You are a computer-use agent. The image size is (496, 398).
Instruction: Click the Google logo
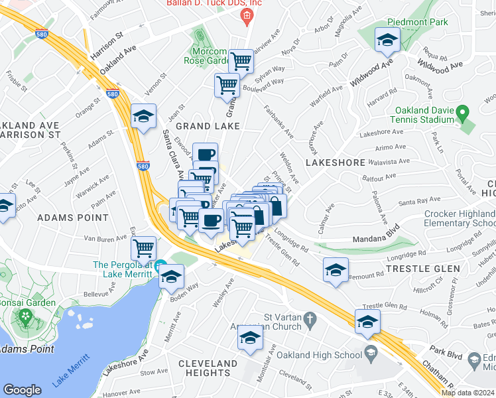pos(22,390)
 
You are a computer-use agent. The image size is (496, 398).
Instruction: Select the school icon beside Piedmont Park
pos(387,41)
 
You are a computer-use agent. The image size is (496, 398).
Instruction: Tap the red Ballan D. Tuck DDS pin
pos(247,16)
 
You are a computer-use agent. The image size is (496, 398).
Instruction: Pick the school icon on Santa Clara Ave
pos(143,117)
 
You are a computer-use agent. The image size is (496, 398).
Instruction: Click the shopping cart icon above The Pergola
pos(143,249)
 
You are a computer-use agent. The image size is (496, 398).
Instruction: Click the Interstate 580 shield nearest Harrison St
pos(42,31)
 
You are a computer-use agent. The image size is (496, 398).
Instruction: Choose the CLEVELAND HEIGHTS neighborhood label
pos(208,369)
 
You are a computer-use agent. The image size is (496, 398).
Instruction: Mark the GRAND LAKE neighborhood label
pos(202,126)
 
